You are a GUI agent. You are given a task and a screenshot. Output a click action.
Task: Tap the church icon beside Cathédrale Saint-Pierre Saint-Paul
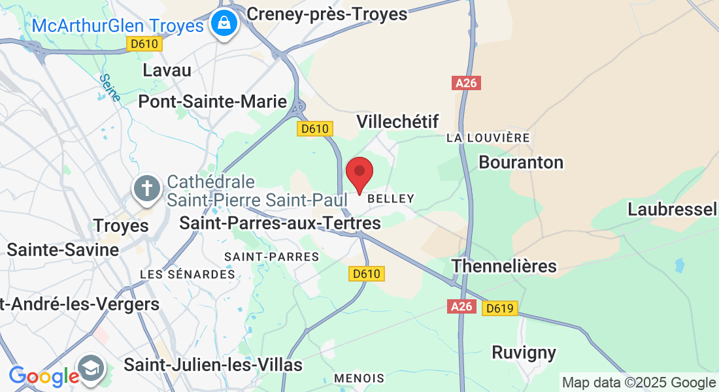click(x=148, y=189)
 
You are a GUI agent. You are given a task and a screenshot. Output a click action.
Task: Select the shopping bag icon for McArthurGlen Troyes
click(x=224, y=24)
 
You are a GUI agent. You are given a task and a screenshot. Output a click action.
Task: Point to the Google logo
click(x=44, y=376)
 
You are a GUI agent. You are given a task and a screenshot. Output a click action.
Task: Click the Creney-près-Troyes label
click(x=327, y=13)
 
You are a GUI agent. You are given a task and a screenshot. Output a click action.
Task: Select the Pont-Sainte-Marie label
click(x=212, y=101)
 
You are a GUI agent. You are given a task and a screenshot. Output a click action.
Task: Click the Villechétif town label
click(x=397, y=121)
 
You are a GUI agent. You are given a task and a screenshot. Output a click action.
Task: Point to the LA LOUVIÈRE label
click(x=488, y=138)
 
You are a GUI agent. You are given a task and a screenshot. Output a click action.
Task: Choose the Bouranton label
click(x=521, y=162)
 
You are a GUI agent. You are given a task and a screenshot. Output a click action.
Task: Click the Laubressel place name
click(x=673, y=209)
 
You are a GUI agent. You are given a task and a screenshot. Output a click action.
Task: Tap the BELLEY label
click(x=391, y=198)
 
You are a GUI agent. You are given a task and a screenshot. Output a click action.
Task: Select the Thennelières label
click(x=504, y=266)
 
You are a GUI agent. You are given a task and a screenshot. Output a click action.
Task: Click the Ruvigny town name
click(x=524, y=353)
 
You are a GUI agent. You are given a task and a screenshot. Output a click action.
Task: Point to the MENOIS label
click(x=359, y=378)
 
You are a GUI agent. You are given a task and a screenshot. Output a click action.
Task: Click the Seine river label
click(x=110, y=88)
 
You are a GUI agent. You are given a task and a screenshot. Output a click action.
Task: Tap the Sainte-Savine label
click(x=63, y=250)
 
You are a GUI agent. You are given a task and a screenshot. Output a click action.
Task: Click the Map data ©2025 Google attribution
click(x=639, y=383)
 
